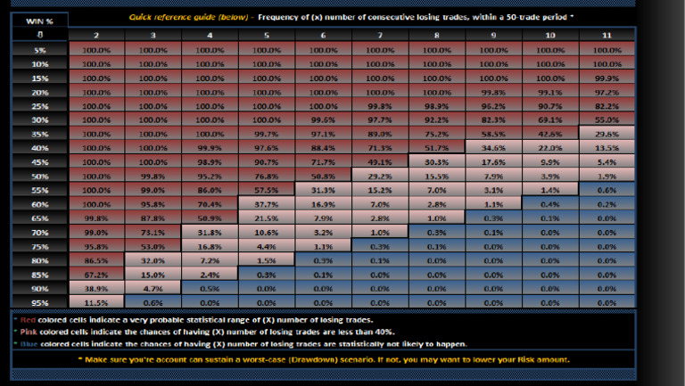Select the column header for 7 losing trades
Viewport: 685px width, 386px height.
pos(380,35)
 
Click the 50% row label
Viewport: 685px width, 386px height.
pos(39,177)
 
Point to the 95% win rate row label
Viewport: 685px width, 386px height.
pos(39,303)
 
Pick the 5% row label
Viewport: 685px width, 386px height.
pos(39,51)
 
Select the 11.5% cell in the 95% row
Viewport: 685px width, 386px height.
pos(96,303)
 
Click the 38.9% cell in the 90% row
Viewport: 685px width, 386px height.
pos(96,290)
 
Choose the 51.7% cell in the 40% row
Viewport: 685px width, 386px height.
pos(436,149)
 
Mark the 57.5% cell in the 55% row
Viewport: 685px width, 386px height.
pos(267,191)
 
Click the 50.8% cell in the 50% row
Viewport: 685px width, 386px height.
pos(323,177)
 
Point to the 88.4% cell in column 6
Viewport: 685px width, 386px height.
pos(323,149)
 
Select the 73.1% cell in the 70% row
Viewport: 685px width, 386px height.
pos(153,233)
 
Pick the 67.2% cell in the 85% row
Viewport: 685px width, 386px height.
pos(96,275)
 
